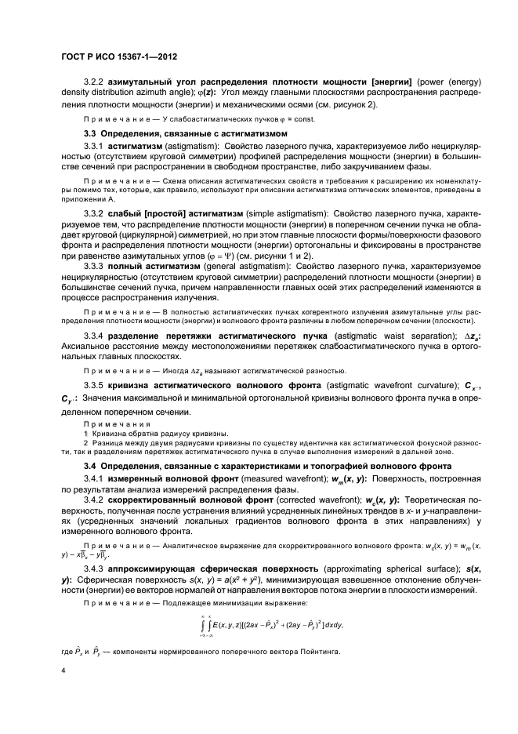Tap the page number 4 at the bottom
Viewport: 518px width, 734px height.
pyautogui.click(x=62, y=670)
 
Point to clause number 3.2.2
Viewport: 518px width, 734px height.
pyautogui.click(x=94, y=81)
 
